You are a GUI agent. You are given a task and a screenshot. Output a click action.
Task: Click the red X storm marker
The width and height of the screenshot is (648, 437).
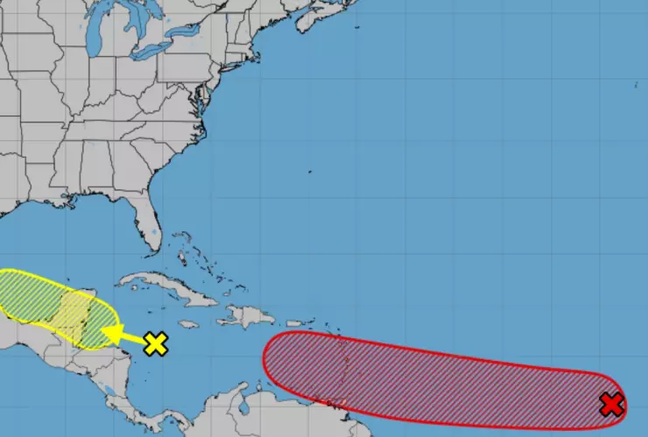(611, 404)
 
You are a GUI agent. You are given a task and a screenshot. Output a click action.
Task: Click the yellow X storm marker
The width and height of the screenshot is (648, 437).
(155, 343)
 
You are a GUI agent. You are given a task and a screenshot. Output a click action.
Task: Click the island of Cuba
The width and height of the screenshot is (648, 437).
(166, 286)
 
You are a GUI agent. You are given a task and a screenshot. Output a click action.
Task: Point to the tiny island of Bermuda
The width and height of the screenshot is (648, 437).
(310, 173)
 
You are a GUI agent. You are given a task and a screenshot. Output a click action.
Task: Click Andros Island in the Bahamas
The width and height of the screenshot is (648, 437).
(182, 254)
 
